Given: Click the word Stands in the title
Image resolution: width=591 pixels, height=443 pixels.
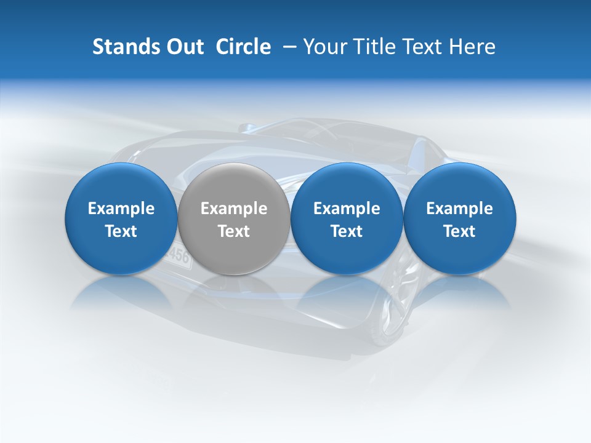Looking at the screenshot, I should pos(125,47).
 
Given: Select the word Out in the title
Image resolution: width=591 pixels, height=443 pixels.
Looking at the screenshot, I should pos(183,47).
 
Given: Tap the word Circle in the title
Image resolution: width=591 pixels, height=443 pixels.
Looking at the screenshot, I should pos(243,47).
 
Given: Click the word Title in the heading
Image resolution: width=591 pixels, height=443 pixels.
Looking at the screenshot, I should pos(377,47).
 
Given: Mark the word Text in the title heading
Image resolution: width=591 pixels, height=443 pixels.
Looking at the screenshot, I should pos(425,47).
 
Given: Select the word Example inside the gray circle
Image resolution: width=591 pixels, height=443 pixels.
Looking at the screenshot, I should pos(234,209).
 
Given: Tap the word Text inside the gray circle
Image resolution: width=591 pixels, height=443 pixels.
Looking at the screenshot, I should pos(234,231).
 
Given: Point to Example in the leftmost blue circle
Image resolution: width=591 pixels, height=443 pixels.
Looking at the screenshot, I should pos(121,209).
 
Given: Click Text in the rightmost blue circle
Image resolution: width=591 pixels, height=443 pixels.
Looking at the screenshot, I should pos(459,231).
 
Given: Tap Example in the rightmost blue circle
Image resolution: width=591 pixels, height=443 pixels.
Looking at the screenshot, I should pos(459,209).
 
